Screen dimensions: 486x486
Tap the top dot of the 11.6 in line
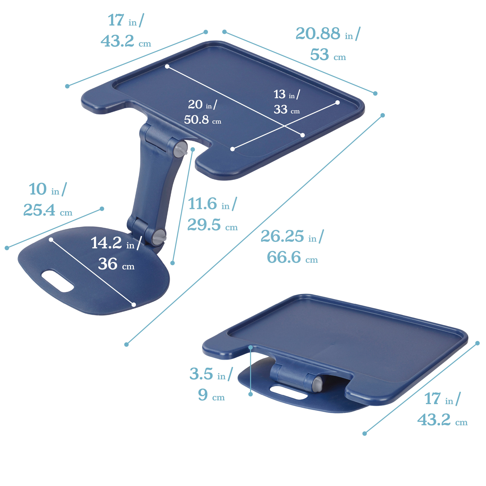coord(193,149)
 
